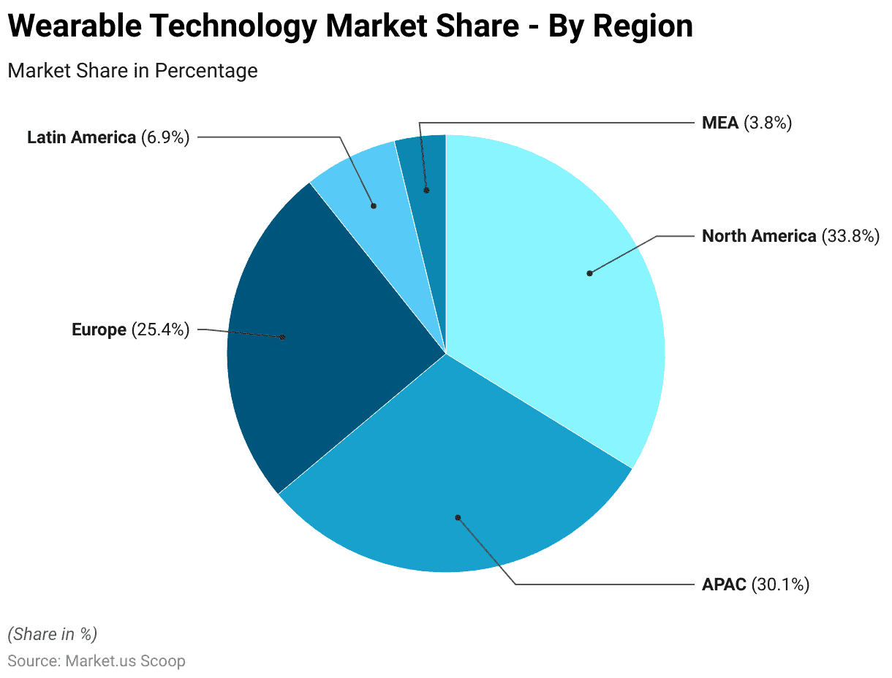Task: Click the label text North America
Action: tap(758, 236)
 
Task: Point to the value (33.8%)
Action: tap(850, 236)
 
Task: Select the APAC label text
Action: tap(724, 584)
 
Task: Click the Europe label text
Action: tap(99, 330)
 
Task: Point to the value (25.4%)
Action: tap(160, 330)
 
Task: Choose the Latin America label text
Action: tap(81, 137)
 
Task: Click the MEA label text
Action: tap(720, 123)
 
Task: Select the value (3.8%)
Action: tap(768, 123)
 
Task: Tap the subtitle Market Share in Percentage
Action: tap(132, 71)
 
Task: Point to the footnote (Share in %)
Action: tap(52, 633)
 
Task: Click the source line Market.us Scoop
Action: tap(125, 661)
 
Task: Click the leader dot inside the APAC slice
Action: tap(458, 517)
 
